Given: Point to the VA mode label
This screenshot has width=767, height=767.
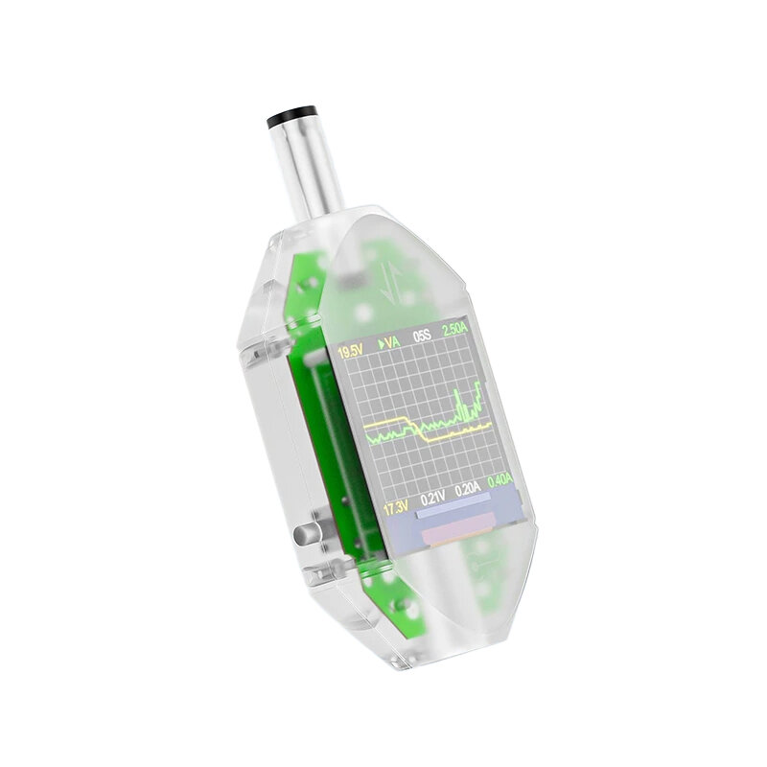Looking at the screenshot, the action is click(x=393, y=343).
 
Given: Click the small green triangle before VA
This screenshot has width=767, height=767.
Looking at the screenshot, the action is click(x=381, y=344).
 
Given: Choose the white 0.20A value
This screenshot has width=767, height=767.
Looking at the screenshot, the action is click(x=468, y=490).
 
